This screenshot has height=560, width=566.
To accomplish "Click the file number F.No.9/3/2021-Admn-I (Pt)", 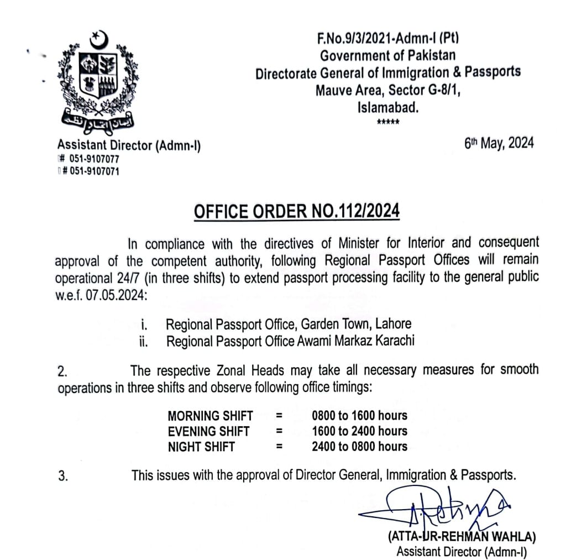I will click(x=389, y=39).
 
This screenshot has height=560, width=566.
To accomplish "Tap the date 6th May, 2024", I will click(x=500, y=144).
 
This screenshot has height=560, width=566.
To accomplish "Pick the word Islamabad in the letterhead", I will click(x=389, y=107).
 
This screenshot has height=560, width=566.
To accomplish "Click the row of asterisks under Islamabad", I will click(x=389, y=122).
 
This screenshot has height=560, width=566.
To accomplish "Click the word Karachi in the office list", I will click(x=392, y=341).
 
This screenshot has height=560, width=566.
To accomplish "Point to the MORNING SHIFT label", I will click(x=210, y=416).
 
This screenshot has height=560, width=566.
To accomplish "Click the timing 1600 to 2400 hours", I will click(x=359, y=431).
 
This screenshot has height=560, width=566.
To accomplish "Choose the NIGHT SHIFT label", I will click(x=202, y=447).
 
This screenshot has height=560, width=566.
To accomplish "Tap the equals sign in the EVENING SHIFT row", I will click(x=280, y=431).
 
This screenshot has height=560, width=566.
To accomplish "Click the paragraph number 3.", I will click(x=63, y=475).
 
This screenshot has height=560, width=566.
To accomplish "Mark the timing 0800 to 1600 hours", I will click(x=359, y=416).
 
